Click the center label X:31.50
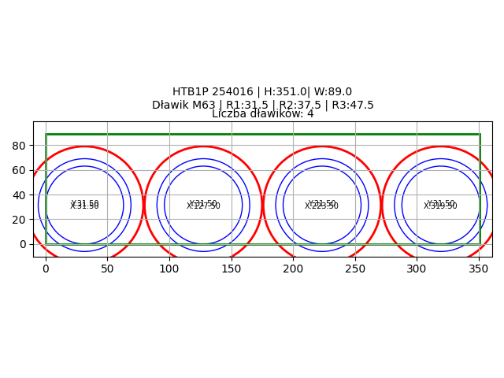[84, 206]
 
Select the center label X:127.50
[203, 206]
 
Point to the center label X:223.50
[321, 206]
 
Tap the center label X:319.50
[440, 206]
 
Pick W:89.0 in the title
[333, 92]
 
